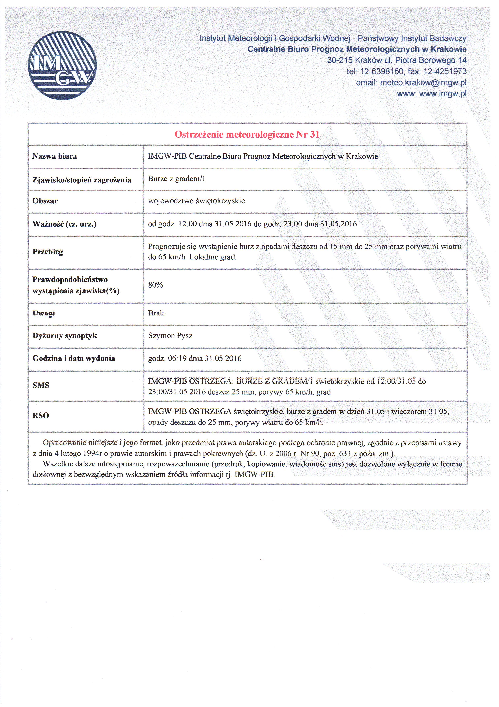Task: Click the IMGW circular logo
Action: pyautogui.click(x=62, y=65)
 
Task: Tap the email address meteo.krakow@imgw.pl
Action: pyautogui.click(x=423, y=83)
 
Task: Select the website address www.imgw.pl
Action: pyautogui.click(x=443, y=94)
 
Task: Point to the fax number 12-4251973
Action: pyautogui.click(x=445, y=72)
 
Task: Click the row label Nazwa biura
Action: pyautogui.click(x=55, y=156)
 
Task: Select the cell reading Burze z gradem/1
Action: pyautogui.click(x=176, y=179)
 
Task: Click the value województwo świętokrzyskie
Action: pyautogui.click(x=197, y=201)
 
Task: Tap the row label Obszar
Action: pyautogui.click(x=45, y=201)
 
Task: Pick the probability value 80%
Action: pyautogui.click(x=155, y=285)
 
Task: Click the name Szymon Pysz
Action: pyautogui.click(x=170, y=336)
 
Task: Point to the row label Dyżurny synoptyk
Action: pyautogui.click(x=65, y=336)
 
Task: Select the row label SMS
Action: pyautogui.click(x=41, y=385)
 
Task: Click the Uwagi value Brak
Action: pyautogui.click(x=156, y=314)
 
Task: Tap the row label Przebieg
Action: pyautogui.click(x=48, y=252)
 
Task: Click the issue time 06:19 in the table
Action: pyautogui.click(x=177, y=358)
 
